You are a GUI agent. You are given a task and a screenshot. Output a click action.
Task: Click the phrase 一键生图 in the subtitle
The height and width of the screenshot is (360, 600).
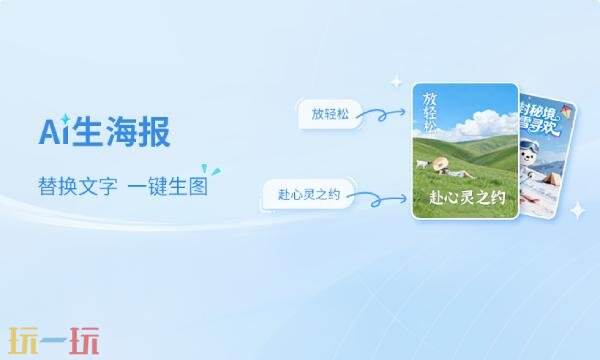point(168,187)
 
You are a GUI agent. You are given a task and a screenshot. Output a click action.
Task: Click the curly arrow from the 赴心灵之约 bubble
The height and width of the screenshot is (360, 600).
point(382,197)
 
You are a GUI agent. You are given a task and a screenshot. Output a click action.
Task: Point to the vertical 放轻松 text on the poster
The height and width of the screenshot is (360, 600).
point(430,115)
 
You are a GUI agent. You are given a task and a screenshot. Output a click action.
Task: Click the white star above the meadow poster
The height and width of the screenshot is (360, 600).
point(396,81)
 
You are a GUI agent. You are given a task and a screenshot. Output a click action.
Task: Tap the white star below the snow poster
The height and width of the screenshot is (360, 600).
point(577,210)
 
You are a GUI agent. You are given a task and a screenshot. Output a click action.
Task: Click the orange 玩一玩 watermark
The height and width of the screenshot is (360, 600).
point(55,340)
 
